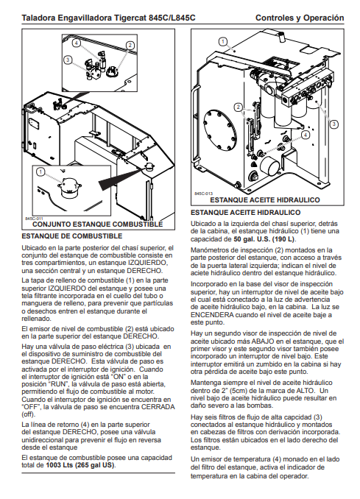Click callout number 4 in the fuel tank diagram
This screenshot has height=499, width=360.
click(x=76, y=43)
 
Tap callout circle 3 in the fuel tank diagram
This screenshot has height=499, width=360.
click(x=68, y=60)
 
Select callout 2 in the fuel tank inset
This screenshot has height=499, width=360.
click(x=130, y=45)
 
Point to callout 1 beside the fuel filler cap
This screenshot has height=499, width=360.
click(x=40, y=172)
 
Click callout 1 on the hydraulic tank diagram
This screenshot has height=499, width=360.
click(x=223, y=41)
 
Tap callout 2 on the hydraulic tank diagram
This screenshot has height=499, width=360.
click(x=238, y=107)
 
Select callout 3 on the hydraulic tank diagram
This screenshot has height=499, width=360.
click(x=333, y=124)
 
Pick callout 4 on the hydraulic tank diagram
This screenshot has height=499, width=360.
click(x=306, y=135)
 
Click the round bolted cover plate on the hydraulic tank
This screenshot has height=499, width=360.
click(x=221, y=131)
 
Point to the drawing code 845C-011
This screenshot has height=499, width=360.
click(x=34, y=219)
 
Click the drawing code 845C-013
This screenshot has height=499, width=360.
click(x=203, y=194)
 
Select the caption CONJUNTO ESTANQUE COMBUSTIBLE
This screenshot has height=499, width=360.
click(x=97, y=224)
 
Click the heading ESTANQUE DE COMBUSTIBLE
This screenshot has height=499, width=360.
click(x=72, y=236)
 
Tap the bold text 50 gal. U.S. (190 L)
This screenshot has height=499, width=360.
click(x=264, y=239)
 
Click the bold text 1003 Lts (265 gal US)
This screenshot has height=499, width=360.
click(x=80, y=465)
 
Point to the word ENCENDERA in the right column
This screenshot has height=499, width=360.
click(x=212, y=315)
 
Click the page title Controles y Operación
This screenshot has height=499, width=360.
click(x=300, y=18)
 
